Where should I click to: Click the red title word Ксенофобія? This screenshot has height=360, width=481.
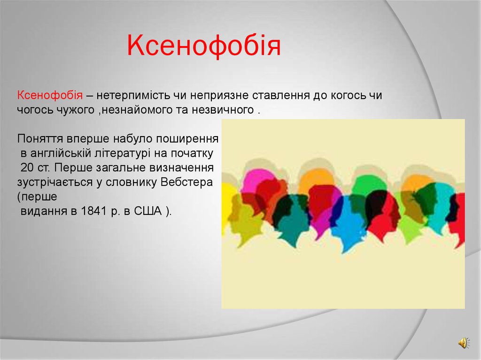(x=204, y=47)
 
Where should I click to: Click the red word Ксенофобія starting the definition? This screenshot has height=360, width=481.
(x=51, y=95)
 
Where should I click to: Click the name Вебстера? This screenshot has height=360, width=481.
(x=186, y=182)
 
